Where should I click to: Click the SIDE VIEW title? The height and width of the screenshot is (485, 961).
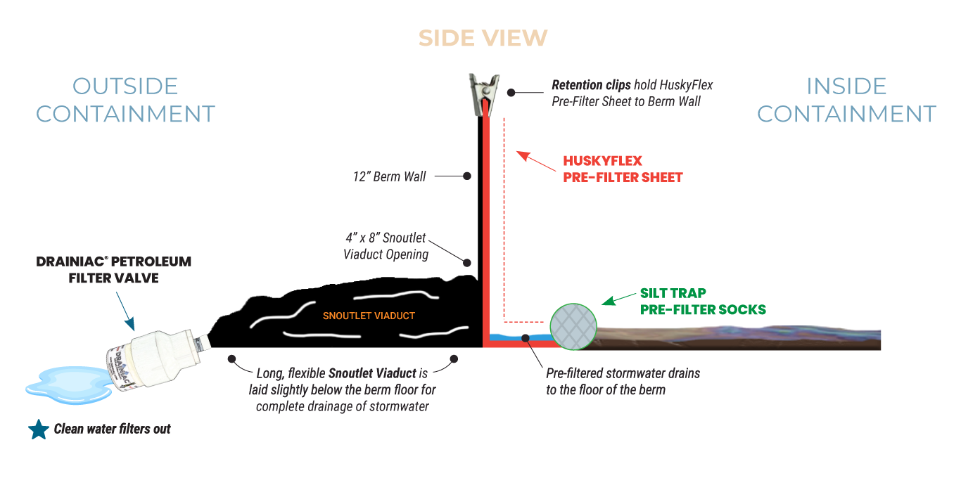coord(483,38)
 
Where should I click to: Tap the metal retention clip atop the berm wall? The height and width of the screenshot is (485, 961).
coord(485,94)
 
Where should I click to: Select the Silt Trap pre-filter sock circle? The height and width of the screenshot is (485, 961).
coord(573,327)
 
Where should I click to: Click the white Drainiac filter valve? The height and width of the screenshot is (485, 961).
coord(159,358)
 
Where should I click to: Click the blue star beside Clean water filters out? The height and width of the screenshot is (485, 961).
coord(39,429)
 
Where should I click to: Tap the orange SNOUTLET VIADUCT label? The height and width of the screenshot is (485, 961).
coord(369,316)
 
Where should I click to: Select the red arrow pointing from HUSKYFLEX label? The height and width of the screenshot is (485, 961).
coord(536,161)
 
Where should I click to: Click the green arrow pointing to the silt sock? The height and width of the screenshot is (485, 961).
coord(618,299)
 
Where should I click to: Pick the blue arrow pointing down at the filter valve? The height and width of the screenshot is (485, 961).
coord(125,311)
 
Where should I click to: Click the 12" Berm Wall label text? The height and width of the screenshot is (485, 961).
coord(389,176)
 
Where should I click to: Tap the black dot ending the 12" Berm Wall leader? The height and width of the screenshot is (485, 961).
coord(467,176)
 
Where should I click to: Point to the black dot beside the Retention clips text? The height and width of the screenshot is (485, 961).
coord(511,92)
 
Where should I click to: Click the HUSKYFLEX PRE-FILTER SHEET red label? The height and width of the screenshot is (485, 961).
coord(623,169)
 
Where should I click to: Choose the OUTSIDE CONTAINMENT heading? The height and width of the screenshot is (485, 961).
coord(125,100)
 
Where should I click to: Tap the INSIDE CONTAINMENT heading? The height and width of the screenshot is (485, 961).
coord(846,100)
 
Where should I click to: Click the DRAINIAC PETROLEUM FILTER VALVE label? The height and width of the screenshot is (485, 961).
coord(114,270)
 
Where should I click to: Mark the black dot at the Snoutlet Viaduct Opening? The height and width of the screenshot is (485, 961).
coord(467,262)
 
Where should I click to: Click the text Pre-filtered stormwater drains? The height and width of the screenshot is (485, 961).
coord(623,373)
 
